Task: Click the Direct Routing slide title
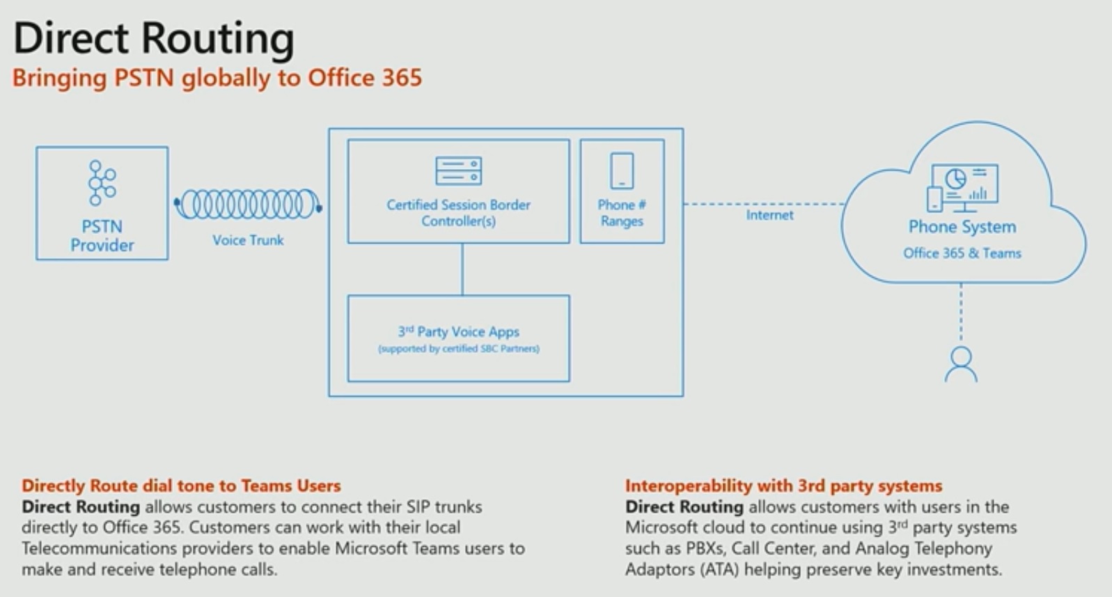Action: click(x=153, y=38)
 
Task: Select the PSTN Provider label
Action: click(x=102, y=236)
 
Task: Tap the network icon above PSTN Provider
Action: click(x=102, y=183)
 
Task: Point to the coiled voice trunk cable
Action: click(x=248, y=205)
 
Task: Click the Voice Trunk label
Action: click(x=248, y=240)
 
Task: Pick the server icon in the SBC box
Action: click(x=458, y=170)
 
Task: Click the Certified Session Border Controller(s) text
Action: click(x=458, y=213)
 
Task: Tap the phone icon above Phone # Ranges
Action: click(x=622, y=171)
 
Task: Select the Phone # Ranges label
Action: click(x=622, y=213)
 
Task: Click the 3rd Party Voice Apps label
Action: click(x=458, y=332)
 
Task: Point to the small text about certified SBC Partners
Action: click(x=458, y=349)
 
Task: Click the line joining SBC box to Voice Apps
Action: click(x=462, y=269)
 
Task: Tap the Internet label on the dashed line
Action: click(x=769, y=215)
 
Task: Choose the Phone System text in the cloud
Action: click(x=962, y=227)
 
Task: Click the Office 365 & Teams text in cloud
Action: click(x=962, y=253)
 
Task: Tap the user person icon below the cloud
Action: click(x=961, y=365)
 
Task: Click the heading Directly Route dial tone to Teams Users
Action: click(x=181, y=486)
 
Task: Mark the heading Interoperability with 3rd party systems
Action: click(x=783, y=486)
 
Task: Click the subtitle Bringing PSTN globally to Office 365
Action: click(x=217, y=77)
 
